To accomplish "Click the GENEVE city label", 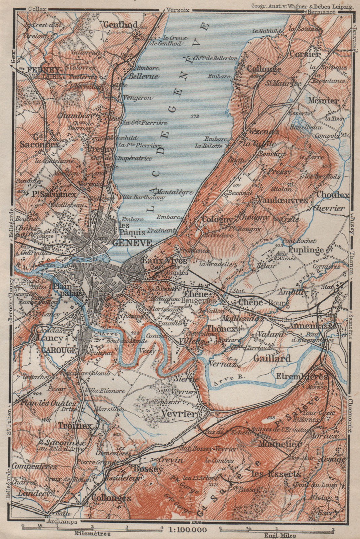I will tap(132, 243).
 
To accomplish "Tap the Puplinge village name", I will tap(306, 250).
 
